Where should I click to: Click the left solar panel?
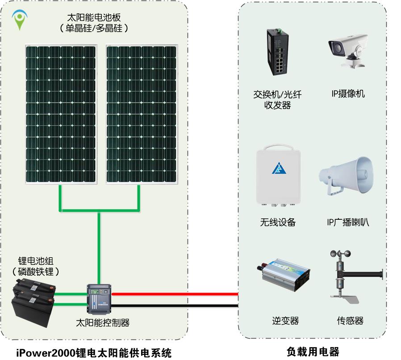click(x=61, y=114)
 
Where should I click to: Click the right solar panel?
click(x=142, y=114)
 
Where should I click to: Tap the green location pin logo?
click(x=19, y=20)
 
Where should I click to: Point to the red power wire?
click(x=174, y=294)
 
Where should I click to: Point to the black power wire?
click(x=174, y=306)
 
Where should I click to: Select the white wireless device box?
click(x=278, y=177)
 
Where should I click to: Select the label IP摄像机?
click(x=348, y=94)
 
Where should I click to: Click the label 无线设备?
click(x=278, y=222)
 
